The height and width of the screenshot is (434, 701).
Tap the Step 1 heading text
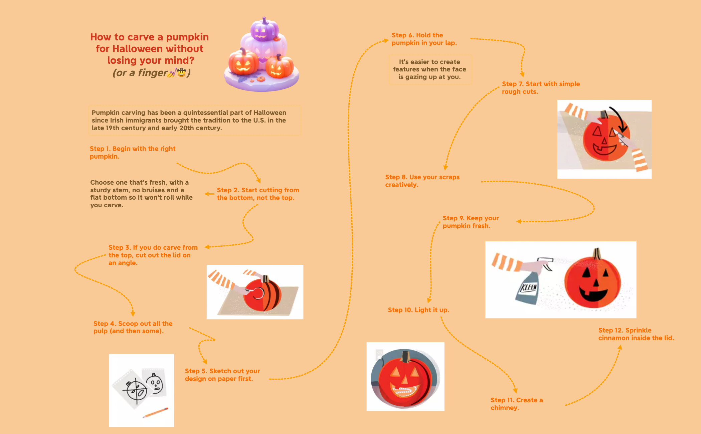click(132, 152)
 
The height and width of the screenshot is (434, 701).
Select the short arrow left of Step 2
click(209, 194)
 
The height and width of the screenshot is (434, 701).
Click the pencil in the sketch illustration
click(155, 412)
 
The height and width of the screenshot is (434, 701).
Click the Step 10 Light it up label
click(418, 310)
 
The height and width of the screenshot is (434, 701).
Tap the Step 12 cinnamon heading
click(636, 334)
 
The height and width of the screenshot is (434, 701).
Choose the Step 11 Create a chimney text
click(516, 404)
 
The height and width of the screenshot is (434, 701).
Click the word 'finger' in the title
click(152, 72)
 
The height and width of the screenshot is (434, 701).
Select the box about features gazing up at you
click(429, 69)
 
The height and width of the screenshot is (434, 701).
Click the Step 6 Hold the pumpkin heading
click(424, 39)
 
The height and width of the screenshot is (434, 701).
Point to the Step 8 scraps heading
click(422, 181)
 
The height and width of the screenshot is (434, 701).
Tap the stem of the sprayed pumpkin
click(597, 254)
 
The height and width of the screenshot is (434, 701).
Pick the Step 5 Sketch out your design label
click(222, 375)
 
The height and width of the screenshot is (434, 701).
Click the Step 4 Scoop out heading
click(133, 327)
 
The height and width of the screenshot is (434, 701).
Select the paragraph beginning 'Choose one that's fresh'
click(141, 194)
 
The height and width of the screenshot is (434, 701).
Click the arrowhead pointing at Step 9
click(519, 221)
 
